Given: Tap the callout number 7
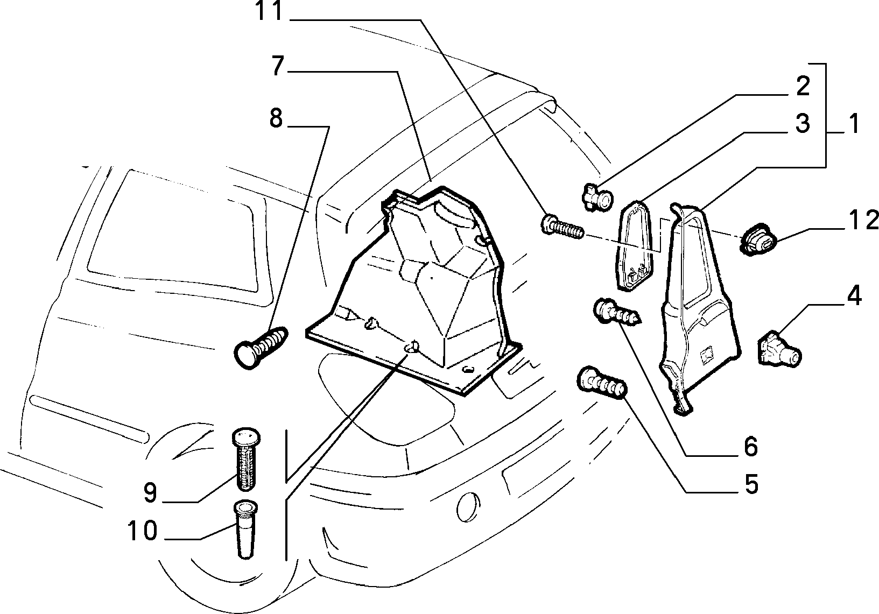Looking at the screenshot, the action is (x=277, y=66).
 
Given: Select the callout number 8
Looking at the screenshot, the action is (x=276, y=118).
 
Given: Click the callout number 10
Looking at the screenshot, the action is (x=143, y=531).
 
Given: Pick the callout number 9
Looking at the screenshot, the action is (x=150, y=493).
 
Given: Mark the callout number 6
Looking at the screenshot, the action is (x=751, y=447).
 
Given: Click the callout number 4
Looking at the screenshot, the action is (x=854, y=296).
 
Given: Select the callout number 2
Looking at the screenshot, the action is (x=803, y=86).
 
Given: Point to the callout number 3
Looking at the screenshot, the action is (x=803, y=123).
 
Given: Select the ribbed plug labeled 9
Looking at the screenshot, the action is (x=246, y=459).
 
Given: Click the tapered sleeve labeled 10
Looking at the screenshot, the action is (x=245, y=529).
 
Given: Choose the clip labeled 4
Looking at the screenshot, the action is (x=778, y=350).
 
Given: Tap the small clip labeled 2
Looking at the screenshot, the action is (x=596, y=197).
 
